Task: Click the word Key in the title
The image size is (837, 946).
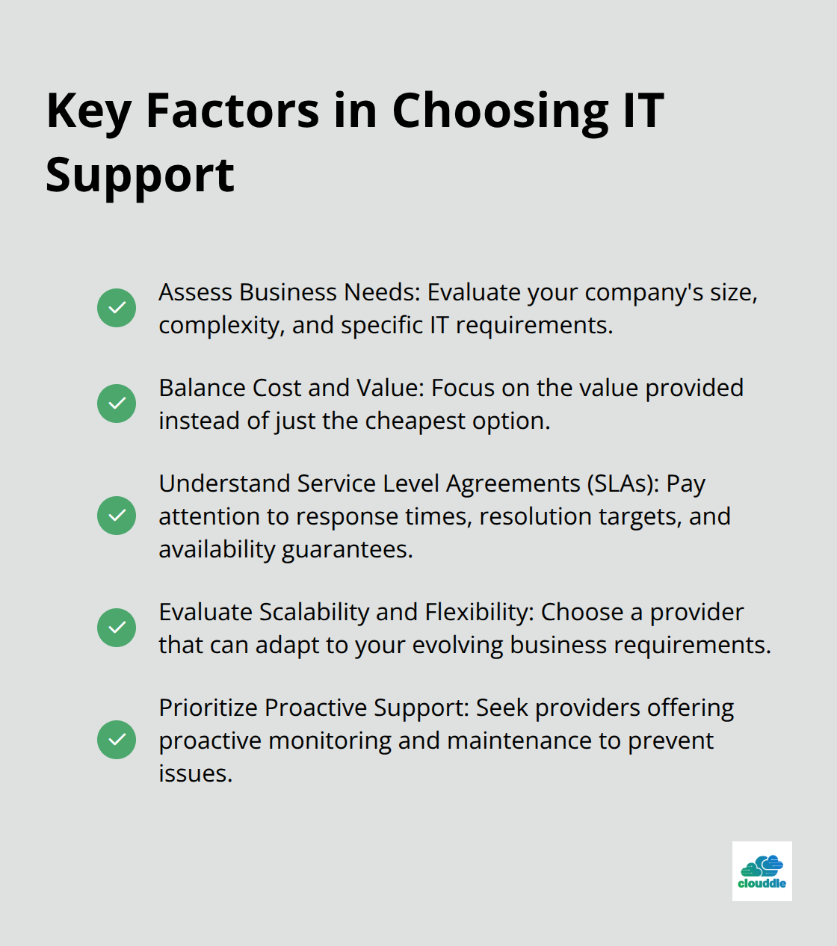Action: click(x=89, y=113)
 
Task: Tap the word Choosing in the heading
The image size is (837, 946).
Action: click(x=500, y=113)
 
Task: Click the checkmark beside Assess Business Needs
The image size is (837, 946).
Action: click(x=117, y=308)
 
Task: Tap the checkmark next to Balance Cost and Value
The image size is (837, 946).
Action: click(x=117, y=404)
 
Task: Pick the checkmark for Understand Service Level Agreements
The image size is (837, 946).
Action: click(x=117, y=516)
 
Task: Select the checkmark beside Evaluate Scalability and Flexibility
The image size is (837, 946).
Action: click(x=117, y=628)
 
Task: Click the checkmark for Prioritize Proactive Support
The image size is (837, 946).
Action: click(x=117, y=740)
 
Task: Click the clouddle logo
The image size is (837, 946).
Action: click(x=762, y=871)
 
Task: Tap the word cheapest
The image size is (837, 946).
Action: click(x=416, y=421)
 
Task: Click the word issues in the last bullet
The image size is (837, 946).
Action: click(x=195, y=773)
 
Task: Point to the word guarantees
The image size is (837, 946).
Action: click(x=347, y=550)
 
